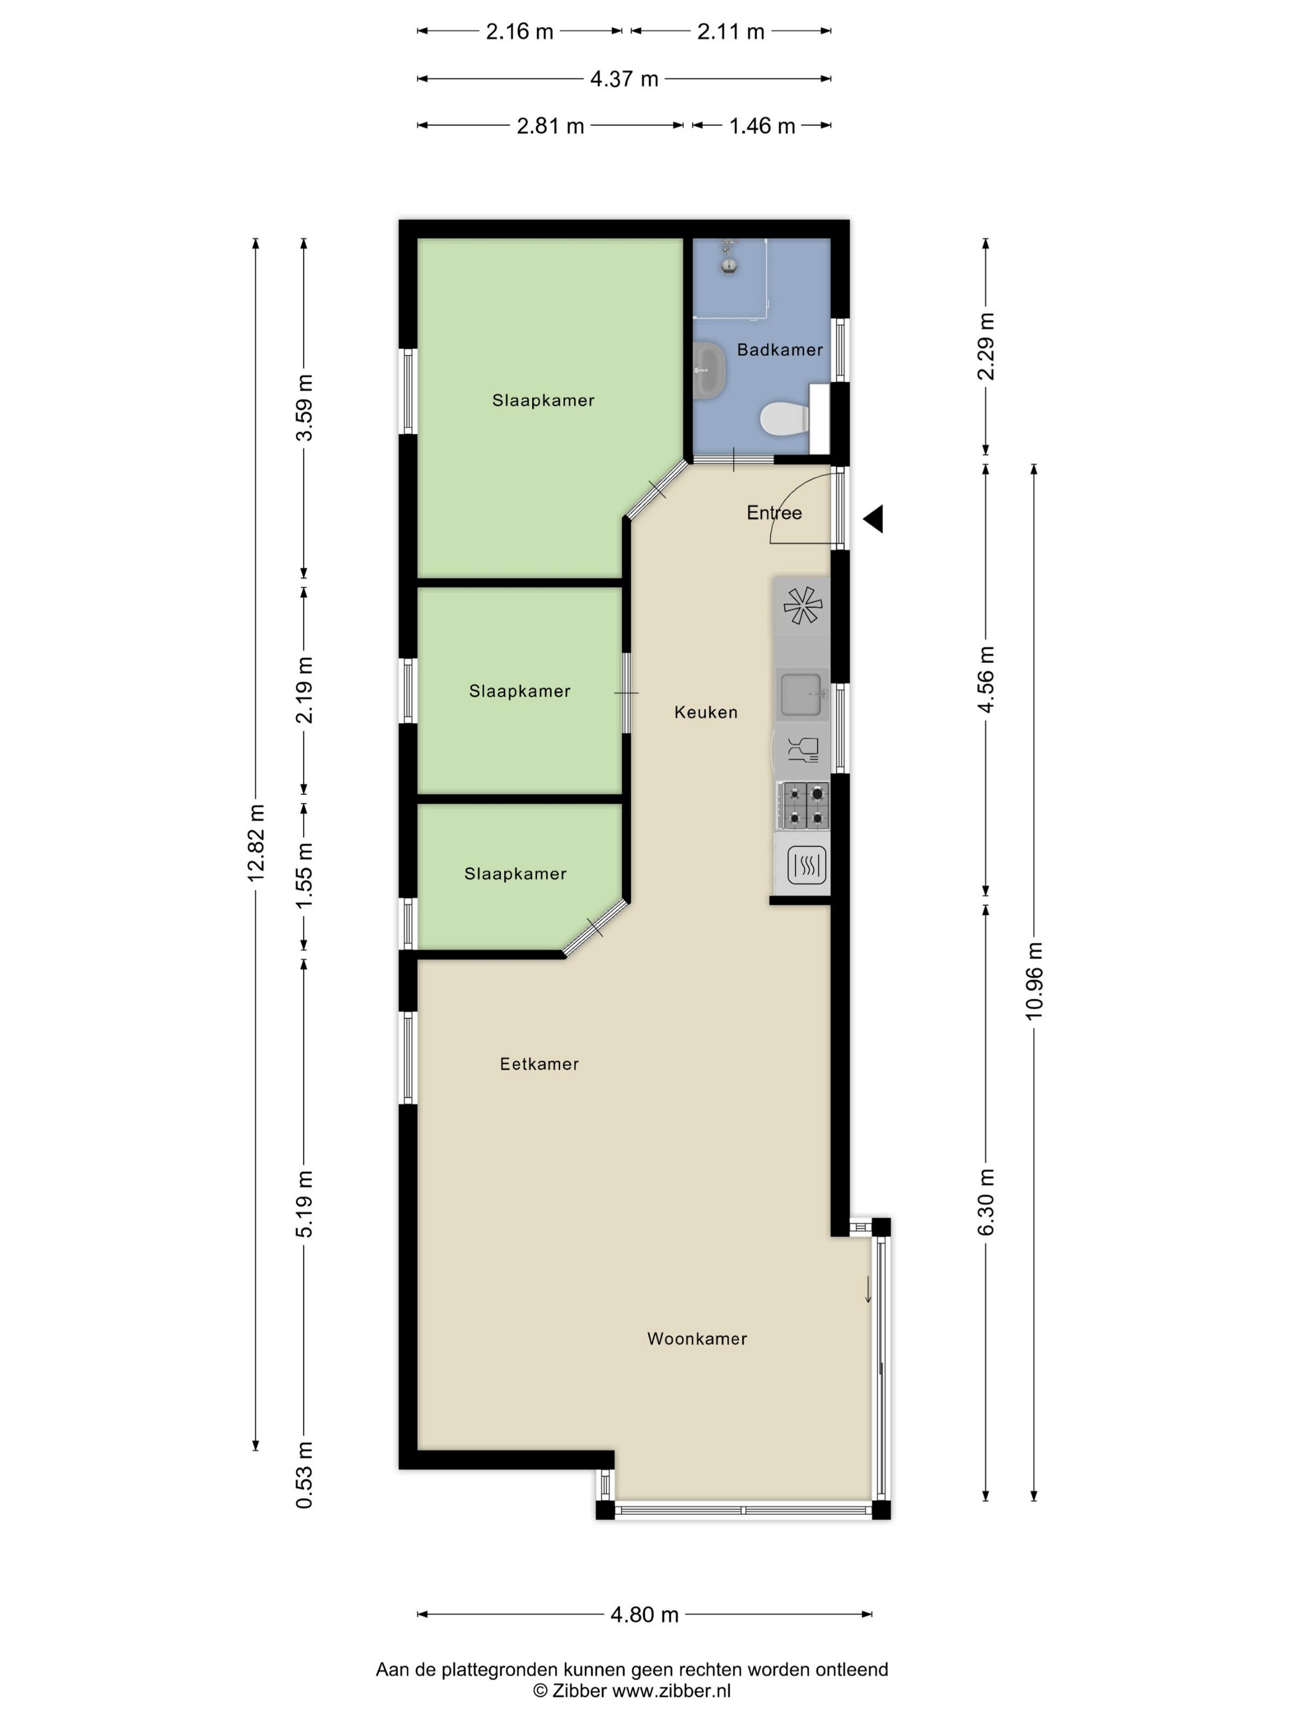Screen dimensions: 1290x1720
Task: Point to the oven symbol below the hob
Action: (x=805, y=865)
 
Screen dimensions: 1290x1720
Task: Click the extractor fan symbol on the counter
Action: (x=802, y=606)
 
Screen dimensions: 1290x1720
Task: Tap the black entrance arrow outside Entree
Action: (x=874, y=518)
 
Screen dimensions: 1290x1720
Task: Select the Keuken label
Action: (x=706, y=712)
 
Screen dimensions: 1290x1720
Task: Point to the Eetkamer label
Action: (x=539, y=1064)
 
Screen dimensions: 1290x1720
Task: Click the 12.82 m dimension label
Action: (x=257, y=843)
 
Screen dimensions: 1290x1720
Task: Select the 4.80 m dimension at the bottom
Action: (x=644, y=1614)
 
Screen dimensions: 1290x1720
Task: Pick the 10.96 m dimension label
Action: (x=1034, y=980)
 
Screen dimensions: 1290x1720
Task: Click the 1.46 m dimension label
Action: (x=762, y=126)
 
